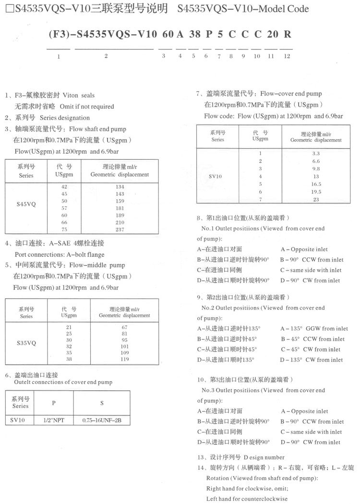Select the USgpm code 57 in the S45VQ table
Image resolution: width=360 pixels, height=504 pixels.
64,208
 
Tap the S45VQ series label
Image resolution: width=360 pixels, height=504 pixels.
26,204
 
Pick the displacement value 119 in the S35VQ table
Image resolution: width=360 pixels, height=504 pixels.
124,359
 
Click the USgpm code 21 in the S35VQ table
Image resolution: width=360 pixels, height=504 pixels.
69,326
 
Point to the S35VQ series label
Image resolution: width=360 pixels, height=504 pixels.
26,343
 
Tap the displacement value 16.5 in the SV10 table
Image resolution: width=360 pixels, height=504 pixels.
316,184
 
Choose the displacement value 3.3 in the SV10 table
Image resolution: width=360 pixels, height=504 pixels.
316,153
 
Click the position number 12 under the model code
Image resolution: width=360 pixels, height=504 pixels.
287,56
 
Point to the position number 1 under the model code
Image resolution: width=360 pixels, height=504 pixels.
58,56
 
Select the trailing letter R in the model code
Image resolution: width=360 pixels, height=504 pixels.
287,35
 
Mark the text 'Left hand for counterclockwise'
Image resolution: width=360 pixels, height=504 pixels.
247,499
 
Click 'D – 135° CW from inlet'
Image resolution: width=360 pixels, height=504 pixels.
312,360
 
